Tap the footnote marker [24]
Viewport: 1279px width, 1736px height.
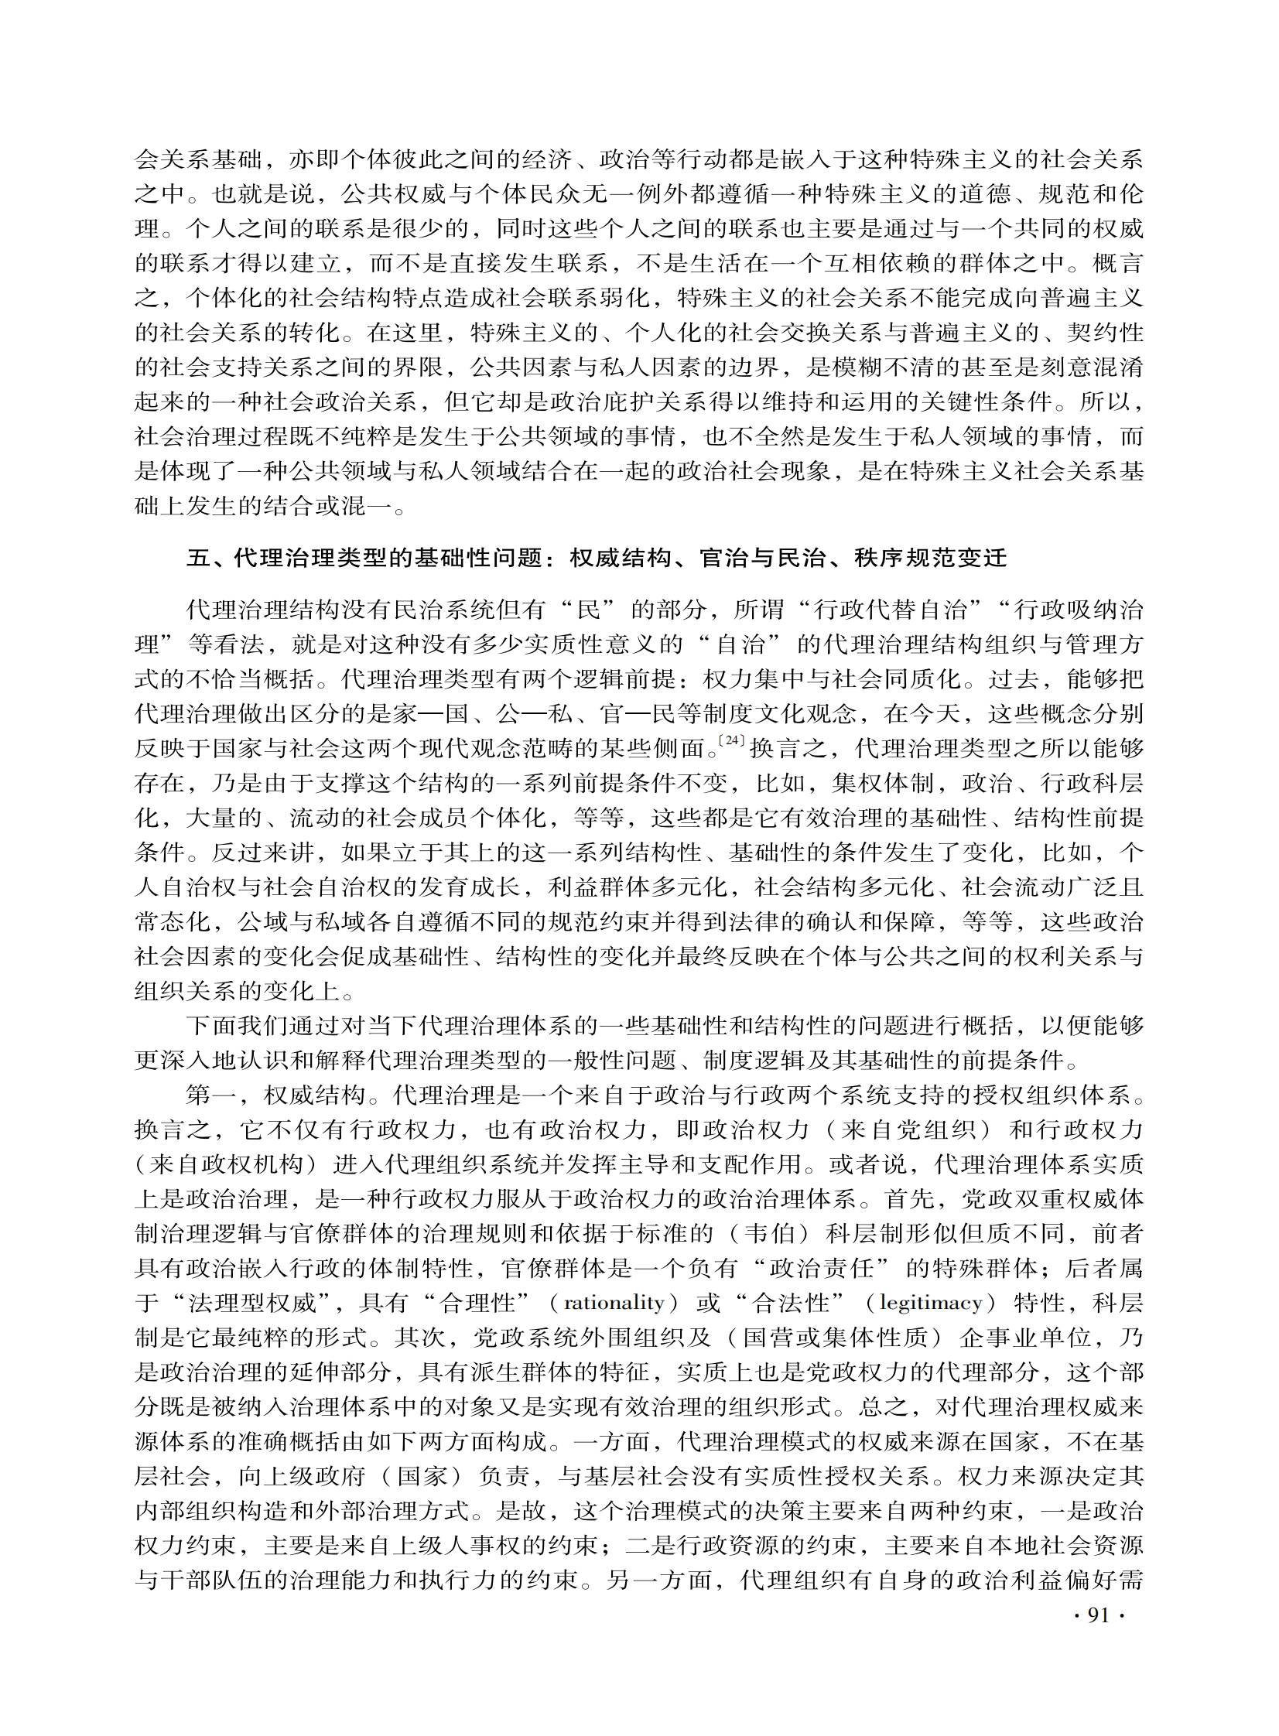[731, 740]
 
